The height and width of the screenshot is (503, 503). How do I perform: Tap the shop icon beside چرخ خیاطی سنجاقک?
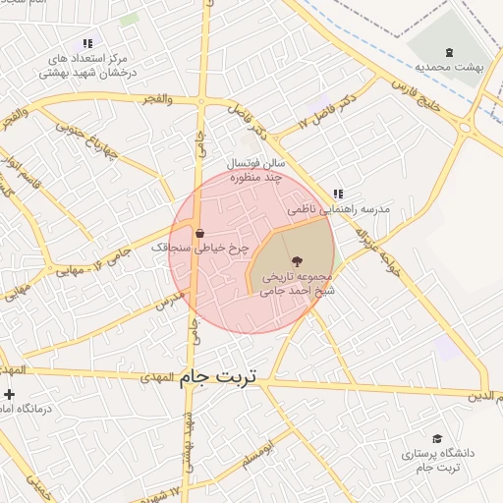[200, 234]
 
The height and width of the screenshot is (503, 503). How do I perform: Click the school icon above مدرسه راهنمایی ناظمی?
[338, 195]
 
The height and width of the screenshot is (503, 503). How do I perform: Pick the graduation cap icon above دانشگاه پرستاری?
[437, 438]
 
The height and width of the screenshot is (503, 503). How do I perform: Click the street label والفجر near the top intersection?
[157, 99]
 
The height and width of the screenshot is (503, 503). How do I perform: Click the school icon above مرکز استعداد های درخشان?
[87, 43]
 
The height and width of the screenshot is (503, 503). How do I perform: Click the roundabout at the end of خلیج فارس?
[469, 125]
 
